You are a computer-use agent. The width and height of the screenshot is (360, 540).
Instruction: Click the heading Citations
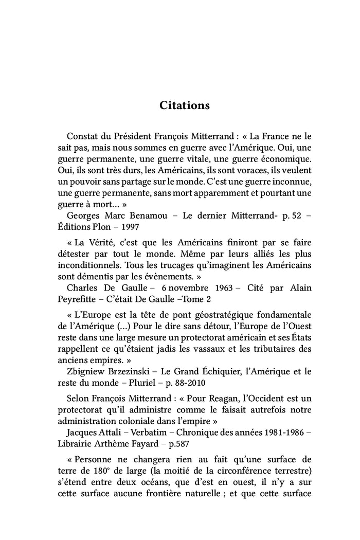tap(184, 105)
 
